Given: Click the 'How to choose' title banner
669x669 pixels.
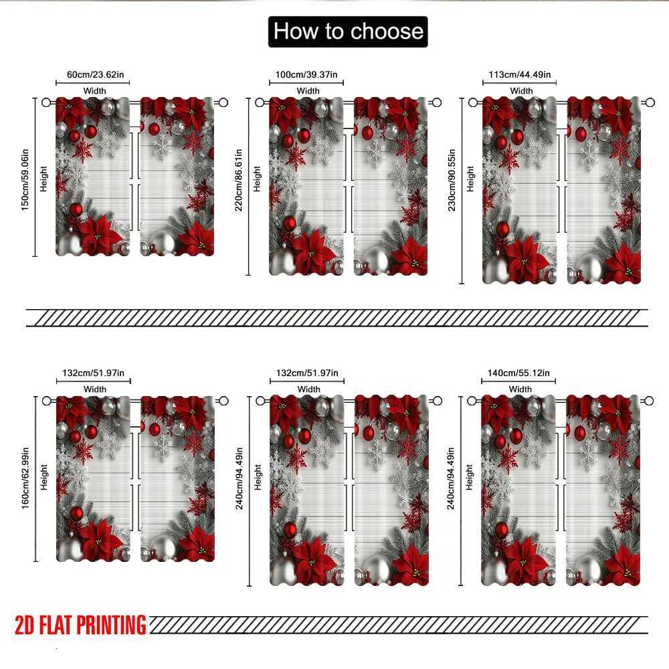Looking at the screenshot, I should coord(348,31).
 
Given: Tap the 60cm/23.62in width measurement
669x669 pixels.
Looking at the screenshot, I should coord(94,75).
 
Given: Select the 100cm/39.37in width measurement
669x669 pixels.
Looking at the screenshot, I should coord(308,75).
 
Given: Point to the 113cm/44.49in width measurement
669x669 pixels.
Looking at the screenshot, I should coord(520,75).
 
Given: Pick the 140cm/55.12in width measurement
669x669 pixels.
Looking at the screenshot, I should coord(519,373).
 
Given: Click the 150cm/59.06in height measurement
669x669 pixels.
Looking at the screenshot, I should coord(25,178).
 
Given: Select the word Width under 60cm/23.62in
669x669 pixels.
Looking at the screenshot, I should coord(95,91).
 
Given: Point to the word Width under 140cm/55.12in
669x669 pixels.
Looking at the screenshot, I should coord(520,389).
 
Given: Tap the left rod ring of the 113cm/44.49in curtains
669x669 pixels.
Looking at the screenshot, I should coord(473,102).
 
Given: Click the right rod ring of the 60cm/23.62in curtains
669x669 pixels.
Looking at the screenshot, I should coord(223,102).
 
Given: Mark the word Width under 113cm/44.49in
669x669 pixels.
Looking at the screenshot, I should coord(521,91).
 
